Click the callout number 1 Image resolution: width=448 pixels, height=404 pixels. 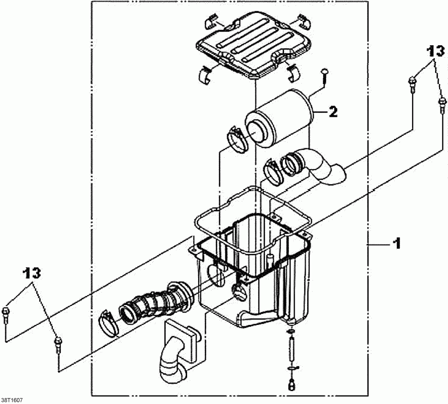(x=397, y=244)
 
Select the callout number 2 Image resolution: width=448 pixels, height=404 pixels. (x=333, y=112)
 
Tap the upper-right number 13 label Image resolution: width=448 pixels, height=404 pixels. (x=435, y=51)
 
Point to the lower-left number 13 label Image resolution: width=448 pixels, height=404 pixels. (x=31, y=273)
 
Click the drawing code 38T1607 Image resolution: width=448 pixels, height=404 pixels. (x=12, y=400)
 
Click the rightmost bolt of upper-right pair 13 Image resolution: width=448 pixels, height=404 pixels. (x=441, y=105)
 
